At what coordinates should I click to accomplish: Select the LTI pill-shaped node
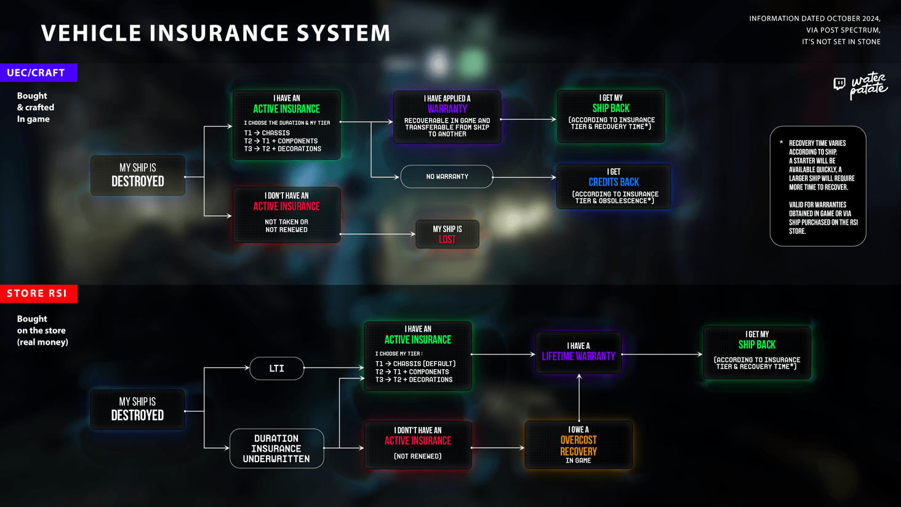(x=277, y=369)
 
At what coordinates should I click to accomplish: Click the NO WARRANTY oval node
(x=447, y=177)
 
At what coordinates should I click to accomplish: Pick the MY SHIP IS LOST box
(x=447, y=234)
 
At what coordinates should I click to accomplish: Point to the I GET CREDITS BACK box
(x=613, y=186)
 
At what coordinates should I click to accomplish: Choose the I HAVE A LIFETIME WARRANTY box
(x=579, y=353)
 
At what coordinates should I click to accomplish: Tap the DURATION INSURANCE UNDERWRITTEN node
(x=276, y=449)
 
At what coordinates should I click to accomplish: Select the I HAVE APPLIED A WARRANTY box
(x=447, y=117)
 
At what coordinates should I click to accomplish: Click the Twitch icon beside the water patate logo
(x=839, y=84)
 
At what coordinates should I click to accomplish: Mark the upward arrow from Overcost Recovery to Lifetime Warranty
(x=579, y=397)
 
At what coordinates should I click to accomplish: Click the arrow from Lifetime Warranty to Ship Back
(x=662, y=354)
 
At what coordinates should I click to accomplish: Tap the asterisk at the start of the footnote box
(x=781, y=143)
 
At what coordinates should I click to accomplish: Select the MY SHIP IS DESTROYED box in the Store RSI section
(x=138, y=409)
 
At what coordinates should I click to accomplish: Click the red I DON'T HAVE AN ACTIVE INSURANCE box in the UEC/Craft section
(x=287, y=214)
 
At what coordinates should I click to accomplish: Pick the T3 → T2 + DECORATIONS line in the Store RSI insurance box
(x=414, y=380)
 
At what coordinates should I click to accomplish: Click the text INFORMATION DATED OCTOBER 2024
(x=814, y=18)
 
